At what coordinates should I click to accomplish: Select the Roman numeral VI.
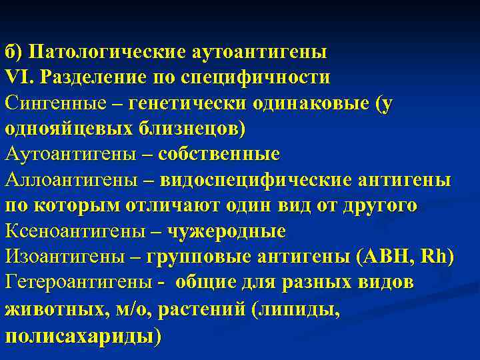click(18, 77)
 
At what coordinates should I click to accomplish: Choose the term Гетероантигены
click(79, 283)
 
